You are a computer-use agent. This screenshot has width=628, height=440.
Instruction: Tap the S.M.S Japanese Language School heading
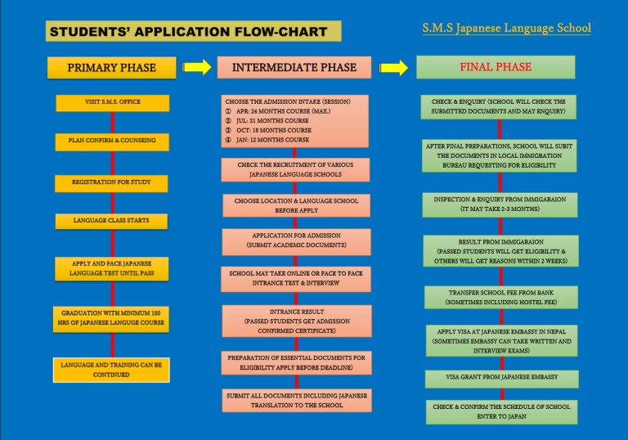point(506,29)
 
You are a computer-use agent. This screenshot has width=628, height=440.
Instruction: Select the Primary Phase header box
point(111,68)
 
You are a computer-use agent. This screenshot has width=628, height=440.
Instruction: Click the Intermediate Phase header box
point(294,68)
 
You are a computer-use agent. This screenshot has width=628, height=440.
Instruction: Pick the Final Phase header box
point(495,67)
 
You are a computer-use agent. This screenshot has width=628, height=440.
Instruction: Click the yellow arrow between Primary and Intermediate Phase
point(196,68)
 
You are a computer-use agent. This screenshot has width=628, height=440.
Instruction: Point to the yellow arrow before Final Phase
point(394,68)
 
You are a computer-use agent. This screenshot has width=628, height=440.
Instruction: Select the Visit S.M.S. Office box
point(112,102)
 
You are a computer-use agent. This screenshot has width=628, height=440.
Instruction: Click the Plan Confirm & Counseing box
point(112,141)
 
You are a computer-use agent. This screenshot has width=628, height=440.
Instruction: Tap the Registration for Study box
point(112,182)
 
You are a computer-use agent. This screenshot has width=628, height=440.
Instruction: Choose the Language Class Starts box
point(112,221)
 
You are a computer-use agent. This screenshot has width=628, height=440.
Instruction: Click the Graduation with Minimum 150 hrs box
point(112,317)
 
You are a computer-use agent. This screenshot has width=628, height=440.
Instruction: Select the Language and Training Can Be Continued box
point(112,370)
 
